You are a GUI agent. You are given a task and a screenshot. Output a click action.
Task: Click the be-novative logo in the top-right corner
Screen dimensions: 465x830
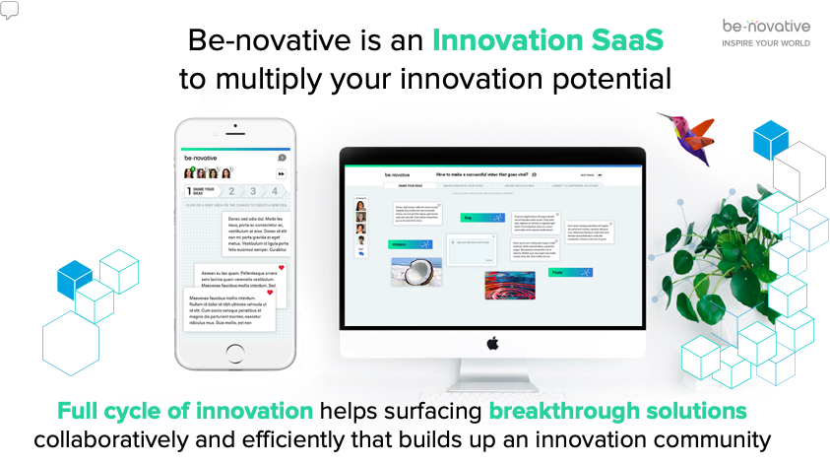click(x=765, y=25)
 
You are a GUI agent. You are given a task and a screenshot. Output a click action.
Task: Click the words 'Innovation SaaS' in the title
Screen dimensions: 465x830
click(x=548, y=41)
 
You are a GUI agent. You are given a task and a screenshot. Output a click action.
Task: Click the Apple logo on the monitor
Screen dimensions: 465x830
click(x=492, y=342)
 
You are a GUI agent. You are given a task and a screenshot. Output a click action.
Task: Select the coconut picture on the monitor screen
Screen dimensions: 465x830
click(x=415, y=272)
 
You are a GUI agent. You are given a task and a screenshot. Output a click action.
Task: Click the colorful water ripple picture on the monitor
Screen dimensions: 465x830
click(x=509, y=285)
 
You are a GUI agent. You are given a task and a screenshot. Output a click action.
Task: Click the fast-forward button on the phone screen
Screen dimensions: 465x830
click(x=281, y=173)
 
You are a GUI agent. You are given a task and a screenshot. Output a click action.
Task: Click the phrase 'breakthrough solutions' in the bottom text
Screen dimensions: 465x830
click(x=617, y=410)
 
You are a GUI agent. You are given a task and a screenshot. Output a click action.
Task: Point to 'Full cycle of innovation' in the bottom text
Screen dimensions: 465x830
click(x=185, y=410)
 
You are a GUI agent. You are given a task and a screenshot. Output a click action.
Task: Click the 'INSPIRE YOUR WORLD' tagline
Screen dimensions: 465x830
click(x=766, y=43)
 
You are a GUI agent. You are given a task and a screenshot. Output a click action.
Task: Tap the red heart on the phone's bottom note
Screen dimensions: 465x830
click(x=270, y=293)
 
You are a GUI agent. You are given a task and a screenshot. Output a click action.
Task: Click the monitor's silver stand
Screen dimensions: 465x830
click(x=491, y=372)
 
